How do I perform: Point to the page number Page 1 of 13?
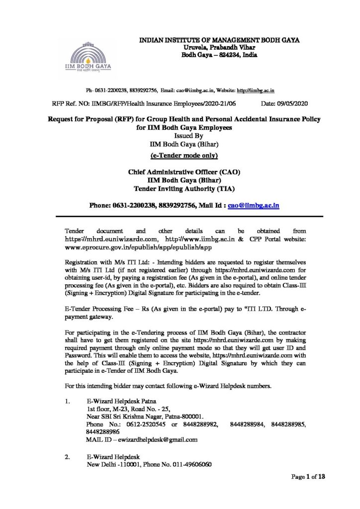tap(308, 477)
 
